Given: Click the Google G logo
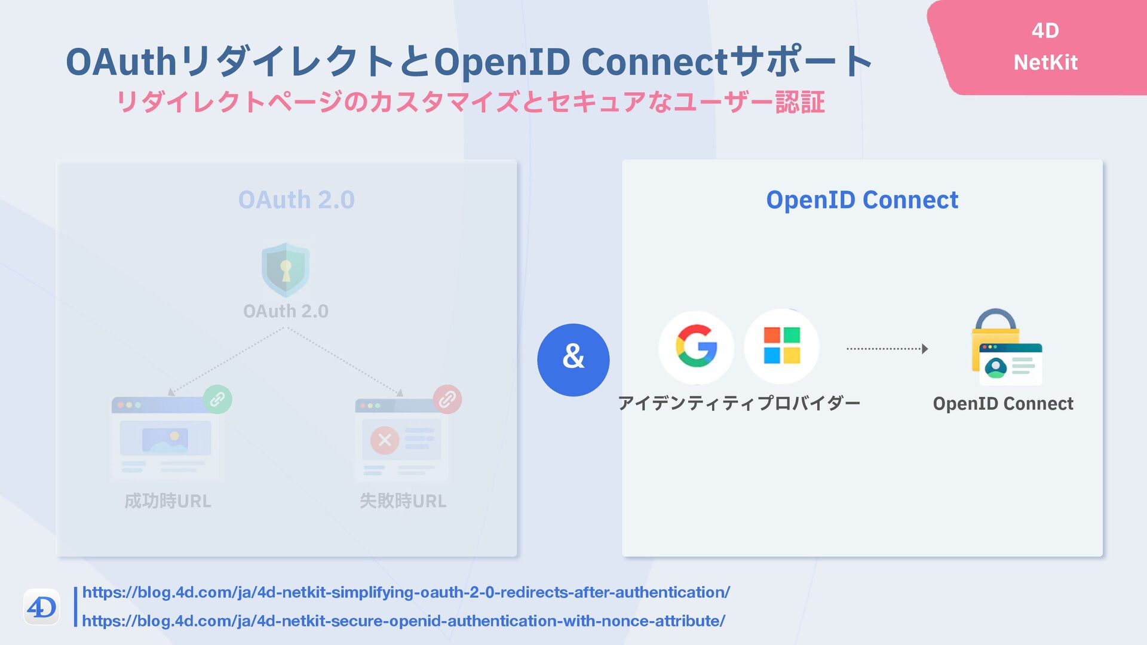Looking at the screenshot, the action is tap(696, 347).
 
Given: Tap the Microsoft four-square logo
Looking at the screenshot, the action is tap(781, 346).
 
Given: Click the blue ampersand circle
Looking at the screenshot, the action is tap(573, 360).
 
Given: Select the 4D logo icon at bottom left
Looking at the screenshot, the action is tap(42, 607).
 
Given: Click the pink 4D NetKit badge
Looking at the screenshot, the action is tap(1045, 47).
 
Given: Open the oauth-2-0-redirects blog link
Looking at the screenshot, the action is tap(406, 592).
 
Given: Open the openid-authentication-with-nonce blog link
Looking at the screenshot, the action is tap(403, 621).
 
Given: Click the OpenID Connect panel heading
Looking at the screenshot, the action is tap(861, 200).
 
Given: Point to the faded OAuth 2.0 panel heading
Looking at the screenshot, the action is tap(296, 200).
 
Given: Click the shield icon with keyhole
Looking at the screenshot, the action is tap(286, 269).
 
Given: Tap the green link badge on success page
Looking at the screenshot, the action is tap(217, 399).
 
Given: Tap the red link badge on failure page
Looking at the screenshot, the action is tap(447, 399).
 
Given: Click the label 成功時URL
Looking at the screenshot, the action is tap(168, 500).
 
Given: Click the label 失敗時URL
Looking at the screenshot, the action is tap(403, 500).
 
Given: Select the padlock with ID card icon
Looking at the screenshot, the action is tap(1007, 348).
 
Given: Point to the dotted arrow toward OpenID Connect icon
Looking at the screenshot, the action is tap(887, 349).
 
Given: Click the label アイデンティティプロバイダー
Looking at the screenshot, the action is tap(739, 403).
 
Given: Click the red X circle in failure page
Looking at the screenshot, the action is tap(385, 440).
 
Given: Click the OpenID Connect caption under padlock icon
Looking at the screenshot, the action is tap(1003, 404).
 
